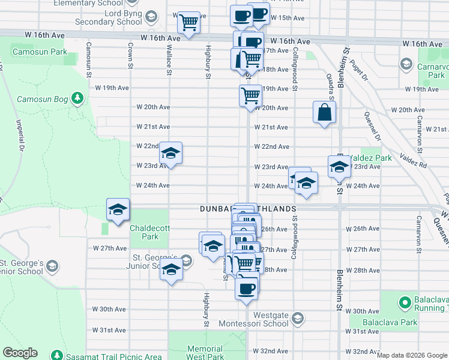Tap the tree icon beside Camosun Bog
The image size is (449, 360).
[77, 98]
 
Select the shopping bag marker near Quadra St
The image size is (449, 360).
[324, 112]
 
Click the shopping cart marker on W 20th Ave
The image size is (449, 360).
[250, 94]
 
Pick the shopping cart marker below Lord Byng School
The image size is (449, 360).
[188, 23]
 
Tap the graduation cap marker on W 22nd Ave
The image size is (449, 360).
[170, 154]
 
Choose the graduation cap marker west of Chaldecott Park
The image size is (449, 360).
[118, 209]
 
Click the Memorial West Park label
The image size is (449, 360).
[205, 352]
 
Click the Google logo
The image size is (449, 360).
[20, 353]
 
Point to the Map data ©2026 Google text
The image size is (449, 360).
[412, 355]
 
